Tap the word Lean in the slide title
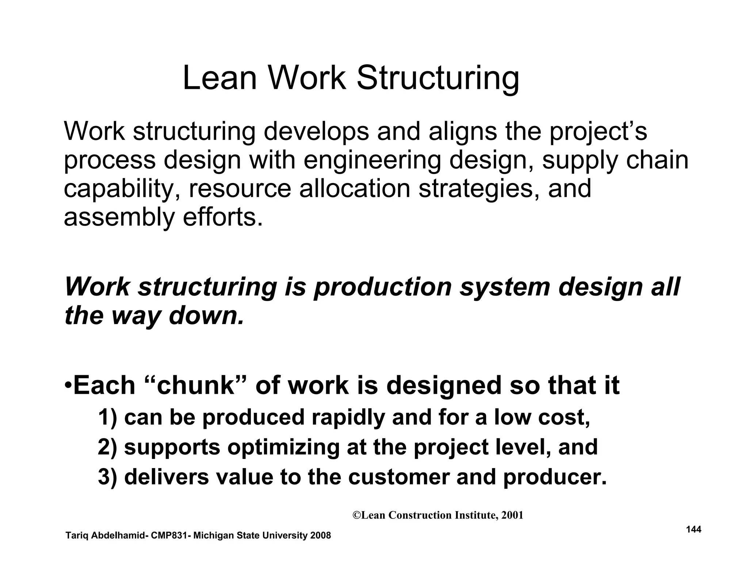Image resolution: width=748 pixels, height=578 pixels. (220, 78)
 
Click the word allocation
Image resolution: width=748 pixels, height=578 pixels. (355, 189)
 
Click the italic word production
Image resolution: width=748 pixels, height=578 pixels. (382, 287)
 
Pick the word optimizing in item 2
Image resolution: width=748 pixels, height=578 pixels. (283, 447)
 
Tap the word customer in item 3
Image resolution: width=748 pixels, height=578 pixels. (398, 477)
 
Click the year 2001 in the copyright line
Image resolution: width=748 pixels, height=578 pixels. (512, 515)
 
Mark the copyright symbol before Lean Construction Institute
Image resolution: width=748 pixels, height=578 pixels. (357, 515)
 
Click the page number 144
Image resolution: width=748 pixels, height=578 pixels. (694, 529)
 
